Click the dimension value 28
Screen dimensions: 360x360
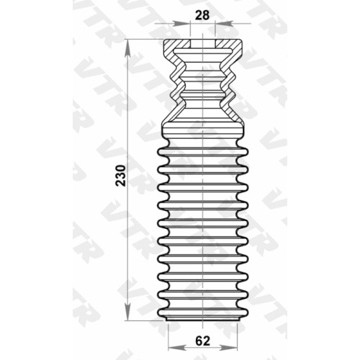click(x=202, y=15)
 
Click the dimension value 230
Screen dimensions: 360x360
click(x=121, y=176)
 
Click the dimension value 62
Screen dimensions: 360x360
click(x=202, y=341)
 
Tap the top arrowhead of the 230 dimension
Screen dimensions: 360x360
click(x=127, y=49)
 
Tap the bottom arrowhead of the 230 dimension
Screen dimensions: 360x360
click(x=127, y=310)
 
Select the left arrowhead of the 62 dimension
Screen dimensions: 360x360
click(x=177, y=348)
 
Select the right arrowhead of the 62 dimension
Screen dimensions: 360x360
click(x=228, y=348)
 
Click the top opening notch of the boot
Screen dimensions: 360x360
click(x=202, y=44)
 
